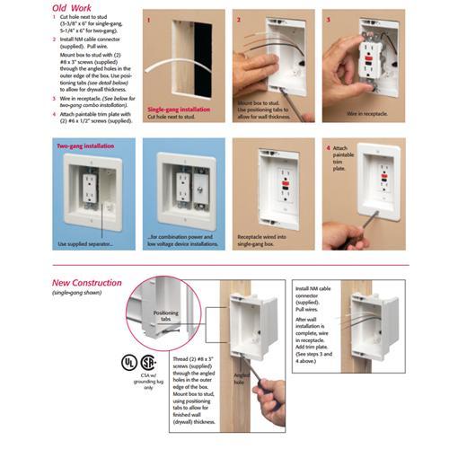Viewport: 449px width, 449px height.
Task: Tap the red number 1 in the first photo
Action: point(149,18)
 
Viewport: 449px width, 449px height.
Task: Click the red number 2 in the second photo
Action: point(238,18)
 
